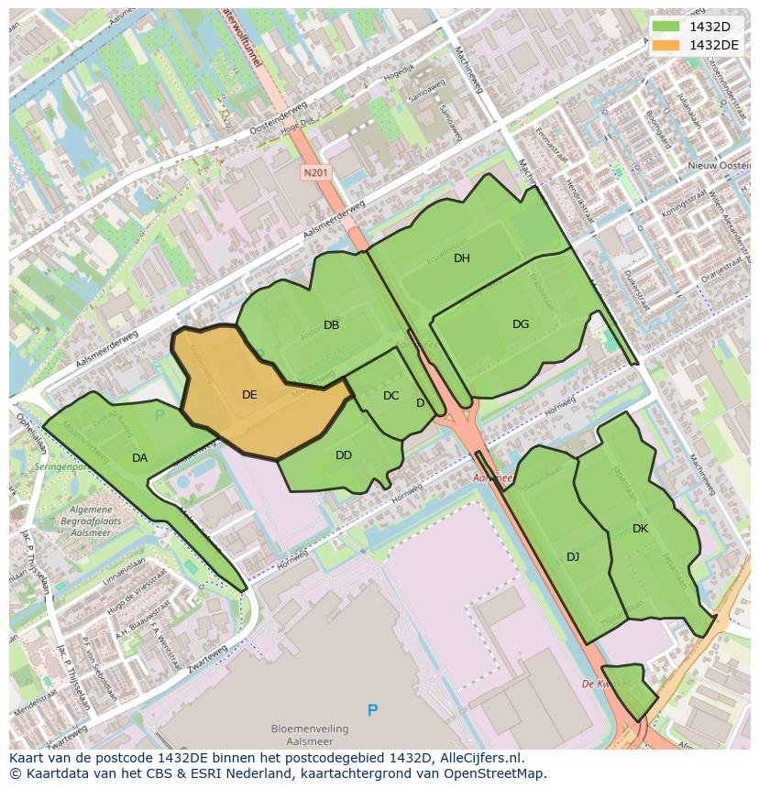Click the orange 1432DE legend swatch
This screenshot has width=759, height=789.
pyautogui.click(x=666, y=45)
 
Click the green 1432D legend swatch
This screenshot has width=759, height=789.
pyautogui.click(x=666, y=27)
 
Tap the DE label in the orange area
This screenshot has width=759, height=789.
pyautogui.click(x=249, y=395)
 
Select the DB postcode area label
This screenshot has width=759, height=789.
pyautogui.click(x=332, y=325)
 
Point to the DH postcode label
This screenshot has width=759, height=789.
pyautogui.click(x=462, y=258)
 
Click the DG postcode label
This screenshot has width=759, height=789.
pyautogui.click(x=521, y=324)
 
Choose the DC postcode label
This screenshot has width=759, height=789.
pyautogui.click(x=391, y=396)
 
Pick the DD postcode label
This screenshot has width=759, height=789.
pyautogui.click(x=344, y=455)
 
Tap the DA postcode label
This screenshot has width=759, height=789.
pyautogui.click(x=139, y=458)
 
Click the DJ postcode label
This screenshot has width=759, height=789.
pyautogui.click(x=573, y=557)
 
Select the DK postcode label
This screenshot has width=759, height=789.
pyautogui.click(x=640, y=529)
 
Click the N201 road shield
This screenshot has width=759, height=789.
pyautogui.click(x=315, y=172)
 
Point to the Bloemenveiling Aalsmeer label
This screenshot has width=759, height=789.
pyautogui.click(x=310, y=735)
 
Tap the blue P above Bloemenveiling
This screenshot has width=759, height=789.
pyautogui.click(x=372, y=710)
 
